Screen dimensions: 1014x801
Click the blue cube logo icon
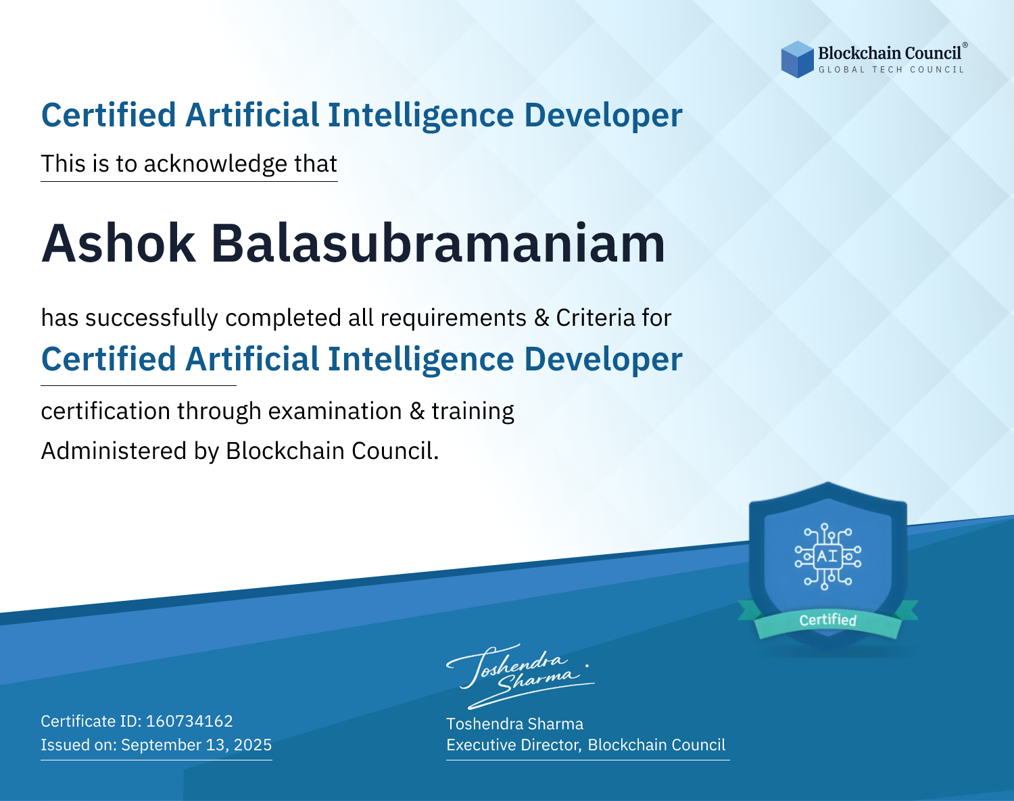click(x=797, y=59)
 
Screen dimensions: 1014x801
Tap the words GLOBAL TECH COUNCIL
click(x=892, y=70)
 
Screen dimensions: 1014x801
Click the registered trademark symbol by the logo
click(x=965, y=45)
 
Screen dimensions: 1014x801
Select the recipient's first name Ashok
click(x=118, y=243)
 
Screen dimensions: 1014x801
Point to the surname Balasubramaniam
click(x=438, y=243)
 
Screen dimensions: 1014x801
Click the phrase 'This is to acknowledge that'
click(x=189, y=164)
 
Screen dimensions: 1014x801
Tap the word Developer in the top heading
click(x=603, y=116)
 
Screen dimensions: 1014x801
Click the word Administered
click(x=114, y=450)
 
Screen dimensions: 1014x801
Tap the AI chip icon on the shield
click(x=828, y=556)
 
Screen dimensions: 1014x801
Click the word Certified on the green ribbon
click(x=828, y=620)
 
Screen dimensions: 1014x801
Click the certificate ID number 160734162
click(x=189, y=721)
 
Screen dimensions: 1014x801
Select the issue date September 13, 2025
click(x=197, y=744)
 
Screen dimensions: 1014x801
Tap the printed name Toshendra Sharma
click(x=514, y=724)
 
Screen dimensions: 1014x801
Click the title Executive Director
click(x=512, y=745)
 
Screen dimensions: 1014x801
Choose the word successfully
click(x=151, y=318)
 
